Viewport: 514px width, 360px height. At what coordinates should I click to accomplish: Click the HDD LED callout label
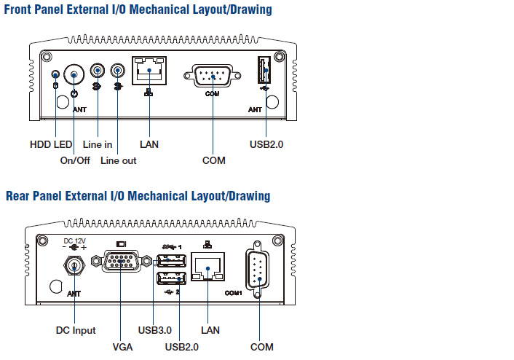point(51,144)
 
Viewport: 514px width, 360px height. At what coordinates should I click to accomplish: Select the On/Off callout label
point(75,160)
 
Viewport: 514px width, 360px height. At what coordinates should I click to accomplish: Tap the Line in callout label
point(98,144)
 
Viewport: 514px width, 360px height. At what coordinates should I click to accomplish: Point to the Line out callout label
point(119,160)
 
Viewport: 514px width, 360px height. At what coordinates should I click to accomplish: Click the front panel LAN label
point(149,144)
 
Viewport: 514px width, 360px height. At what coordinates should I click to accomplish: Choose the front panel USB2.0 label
point(266,144)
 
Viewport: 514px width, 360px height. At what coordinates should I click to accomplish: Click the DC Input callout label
point(76,330)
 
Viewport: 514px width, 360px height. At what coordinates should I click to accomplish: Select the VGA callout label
point(122,347)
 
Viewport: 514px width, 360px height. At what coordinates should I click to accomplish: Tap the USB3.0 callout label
point(154,330)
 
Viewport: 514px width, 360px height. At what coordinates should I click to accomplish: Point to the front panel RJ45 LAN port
point(149,71)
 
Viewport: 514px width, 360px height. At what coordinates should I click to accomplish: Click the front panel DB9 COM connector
point(212,75)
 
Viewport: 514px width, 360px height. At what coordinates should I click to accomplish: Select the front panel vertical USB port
point(263,72)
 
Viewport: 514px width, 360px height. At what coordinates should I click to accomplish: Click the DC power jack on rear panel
point(74,267)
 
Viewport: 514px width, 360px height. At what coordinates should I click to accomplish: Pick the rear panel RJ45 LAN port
point(208,268)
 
